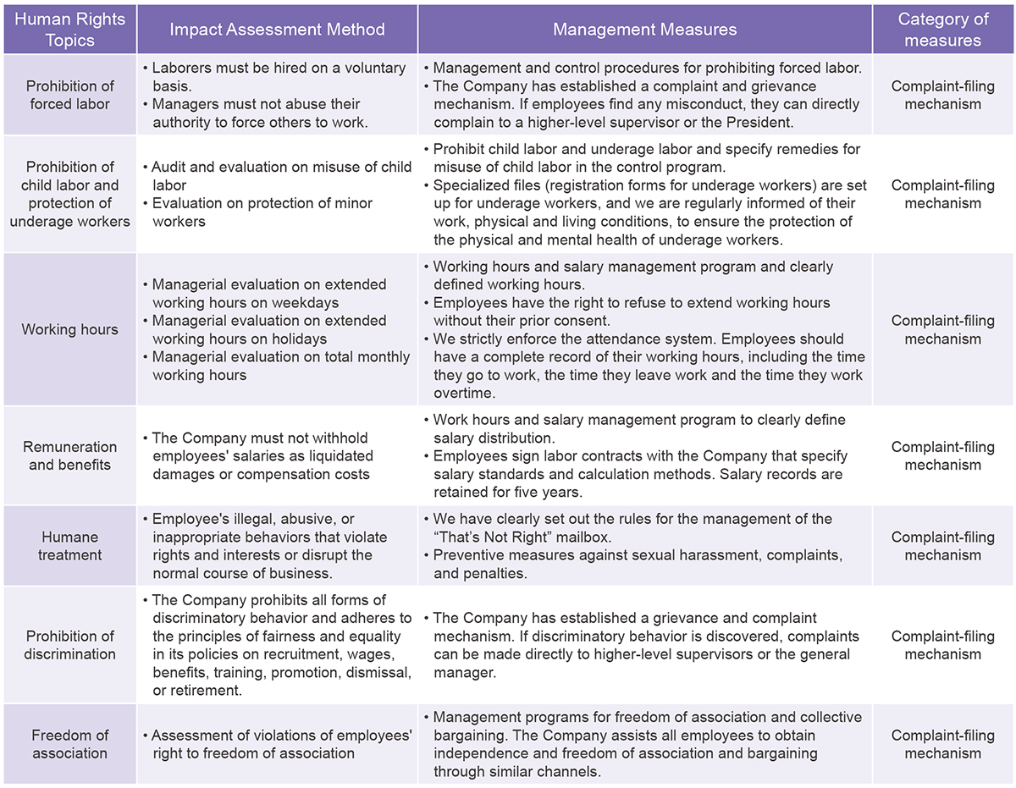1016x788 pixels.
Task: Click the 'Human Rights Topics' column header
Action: [x=69, y=30]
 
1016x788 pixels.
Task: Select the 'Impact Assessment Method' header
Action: [x=277, y=30]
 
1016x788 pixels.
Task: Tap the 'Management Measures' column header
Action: [x=644, y=30]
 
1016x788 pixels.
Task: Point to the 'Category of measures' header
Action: [x=942, y=30]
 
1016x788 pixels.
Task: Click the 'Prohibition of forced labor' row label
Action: [x=69, y=95]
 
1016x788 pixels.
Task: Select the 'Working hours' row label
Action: [x=69, y=329]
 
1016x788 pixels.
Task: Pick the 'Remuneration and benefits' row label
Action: [x=69, y=455]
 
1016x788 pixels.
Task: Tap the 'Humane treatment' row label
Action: [x=69, y=546]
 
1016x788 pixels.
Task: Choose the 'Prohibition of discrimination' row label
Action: [x=69, y=645]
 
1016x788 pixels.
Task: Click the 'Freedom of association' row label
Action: [x=69, y=744]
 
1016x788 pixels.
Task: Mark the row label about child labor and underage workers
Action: [x=69, y=194]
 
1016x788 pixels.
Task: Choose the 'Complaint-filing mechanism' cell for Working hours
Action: [x=942, y=329]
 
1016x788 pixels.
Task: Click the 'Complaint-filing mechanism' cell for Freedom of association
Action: [x=942, y=744]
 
